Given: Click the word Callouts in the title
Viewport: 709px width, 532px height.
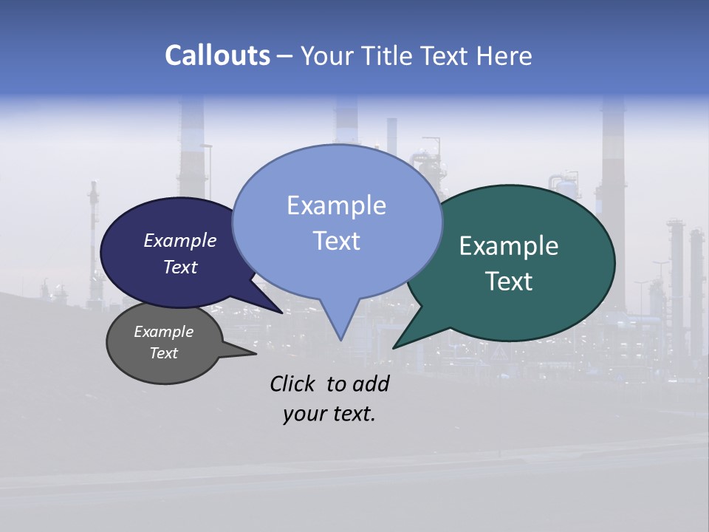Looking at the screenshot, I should coord(217,55).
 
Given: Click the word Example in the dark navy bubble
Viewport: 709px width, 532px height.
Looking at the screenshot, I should coord(179,240).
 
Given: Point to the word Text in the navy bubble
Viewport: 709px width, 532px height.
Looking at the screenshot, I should coord(179,267).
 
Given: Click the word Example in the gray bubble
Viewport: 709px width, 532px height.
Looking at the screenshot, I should coord(163,332).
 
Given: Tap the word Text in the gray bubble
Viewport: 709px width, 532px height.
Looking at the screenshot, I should coord(163,353).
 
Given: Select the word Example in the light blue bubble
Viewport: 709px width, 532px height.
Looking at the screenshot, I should coord(336,205).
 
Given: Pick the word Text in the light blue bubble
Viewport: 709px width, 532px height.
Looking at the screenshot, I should coord(336,241).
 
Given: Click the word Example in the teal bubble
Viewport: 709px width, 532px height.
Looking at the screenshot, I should coord(509,246).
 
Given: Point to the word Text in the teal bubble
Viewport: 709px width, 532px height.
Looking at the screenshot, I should coord(509,282).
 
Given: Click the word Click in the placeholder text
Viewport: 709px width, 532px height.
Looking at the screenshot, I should coord(293,383).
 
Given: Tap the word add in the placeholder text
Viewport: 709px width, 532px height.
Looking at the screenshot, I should coord(371,383).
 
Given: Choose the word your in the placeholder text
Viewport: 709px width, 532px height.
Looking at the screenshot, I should coord(303,414).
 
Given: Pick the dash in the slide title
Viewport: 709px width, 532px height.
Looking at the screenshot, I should coord(285,56).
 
